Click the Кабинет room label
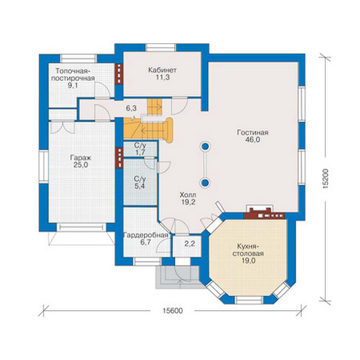[x=162, y=74]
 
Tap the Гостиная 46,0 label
[x=253, y=137]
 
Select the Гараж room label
[x=80, y=161]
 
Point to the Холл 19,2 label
[x=188, y=199]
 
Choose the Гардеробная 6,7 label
[x=146, y=239]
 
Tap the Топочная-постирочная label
[x=75, y=79]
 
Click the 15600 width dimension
[x=173, y=311]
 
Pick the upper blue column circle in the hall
[x=205, y=146]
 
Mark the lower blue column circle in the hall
[x=205, y=182]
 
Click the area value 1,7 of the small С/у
[x=140, y=152]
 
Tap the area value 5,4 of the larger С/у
[x=140, y=187]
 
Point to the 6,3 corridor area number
[x=131, y=108]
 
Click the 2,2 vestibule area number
[x=190, y=244]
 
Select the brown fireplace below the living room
[x=264, y=214]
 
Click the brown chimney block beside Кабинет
[x=119, y=74]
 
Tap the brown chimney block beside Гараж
[x=119, y=158]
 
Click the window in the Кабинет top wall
[x=160, y=47]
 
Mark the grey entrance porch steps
[x=178, y=277]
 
